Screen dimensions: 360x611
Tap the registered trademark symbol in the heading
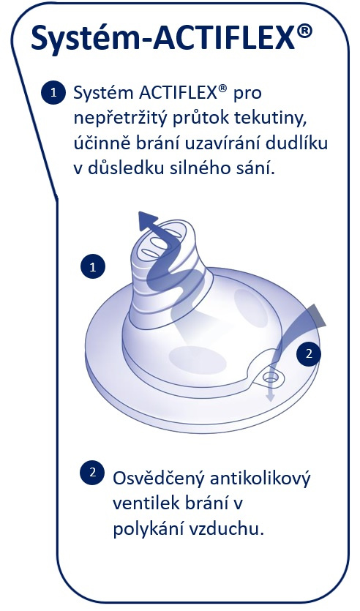304,31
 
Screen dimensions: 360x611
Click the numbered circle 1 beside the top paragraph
53,92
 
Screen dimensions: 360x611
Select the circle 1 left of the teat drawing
93,267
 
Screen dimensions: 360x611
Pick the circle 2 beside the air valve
309,353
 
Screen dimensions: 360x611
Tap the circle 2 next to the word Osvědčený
92,472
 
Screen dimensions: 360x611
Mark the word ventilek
142,503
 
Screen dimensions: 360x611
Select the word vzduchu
226,529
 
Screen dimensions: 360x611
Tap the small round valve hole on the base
271,377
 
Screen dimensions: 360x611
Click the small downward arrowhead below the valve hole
269,397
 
